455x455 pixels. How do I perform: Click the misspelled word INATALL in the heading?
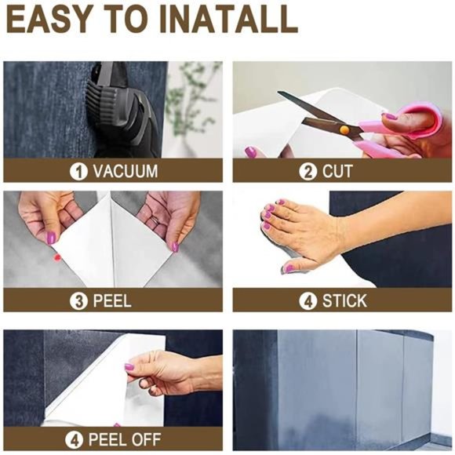pyautogui.click(x=229, y=20)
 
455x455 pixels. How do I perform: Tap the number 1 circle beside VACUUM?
pyautogui.click(x=78, y=172)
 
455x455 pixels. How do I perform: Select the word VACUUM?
pyautogui.click(x=126, y=171)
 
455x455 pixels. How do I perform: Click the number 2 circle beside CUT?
pyautogui.click(x=308, y=172)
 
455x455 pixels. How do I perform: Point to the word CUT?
pyautogui.click(x=337, y=171)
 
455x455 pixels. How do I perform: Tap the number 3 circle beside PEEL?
pyautogui.click(x=78, y=301)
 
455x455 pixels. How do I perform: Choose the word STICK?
pyautogui.click(x=344, y=300)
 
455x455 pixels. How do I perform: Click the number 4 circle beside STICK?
pyautogui.click(x=308, y=301)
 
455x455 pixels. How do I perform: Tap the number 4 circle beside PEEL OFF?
pyautogui.click(x=75, y=440)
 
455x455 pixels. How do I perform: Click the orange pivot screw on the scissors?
pyautogui.click(x=344, y=129)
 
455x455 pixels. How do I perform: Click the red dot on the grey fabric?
pyautogui.click(x=57, y=257)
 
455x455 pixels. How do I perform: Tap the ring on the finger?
pyautogui.click(x=155, y=220)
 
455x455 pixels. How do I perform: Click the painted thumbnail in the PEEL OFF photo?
pyautogui.click(x=129, y=367)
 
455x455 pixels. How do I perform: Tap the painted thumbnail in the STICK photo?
pyautogui.click(x=288, y=269)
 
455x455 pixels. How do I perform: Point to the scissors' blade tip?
pyautogui.click(x=278, y=93)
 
